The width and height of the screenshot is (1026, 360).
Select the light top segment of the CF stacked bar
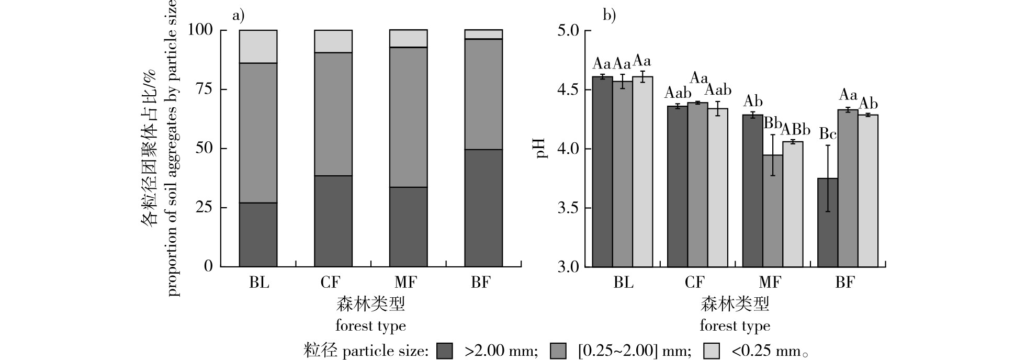point(333,41)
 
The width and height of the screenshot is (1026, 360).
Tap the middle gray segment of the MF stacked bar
point(408,117)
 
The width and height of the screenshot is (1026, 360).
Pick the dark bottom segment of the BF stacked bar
point(483,208)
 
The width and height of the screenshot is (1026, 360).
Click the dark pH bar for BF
point(828,222)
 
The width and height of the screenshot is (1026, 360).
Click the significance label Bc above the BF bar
point(828,134)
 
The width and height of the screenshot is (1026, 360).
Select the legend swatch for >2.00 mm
point(445,351)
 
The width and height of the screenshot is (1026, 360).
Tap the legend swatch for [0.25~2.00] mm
point(558,351)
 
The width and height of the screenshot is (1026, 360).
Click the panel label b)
point(610,15)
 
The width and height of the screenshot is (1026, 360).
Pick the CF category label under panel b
point(694,283)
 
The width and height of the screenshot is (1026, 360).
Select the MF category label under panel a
point(405,283)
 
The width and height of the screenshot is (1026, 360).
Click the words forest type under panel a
point(370,326)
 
